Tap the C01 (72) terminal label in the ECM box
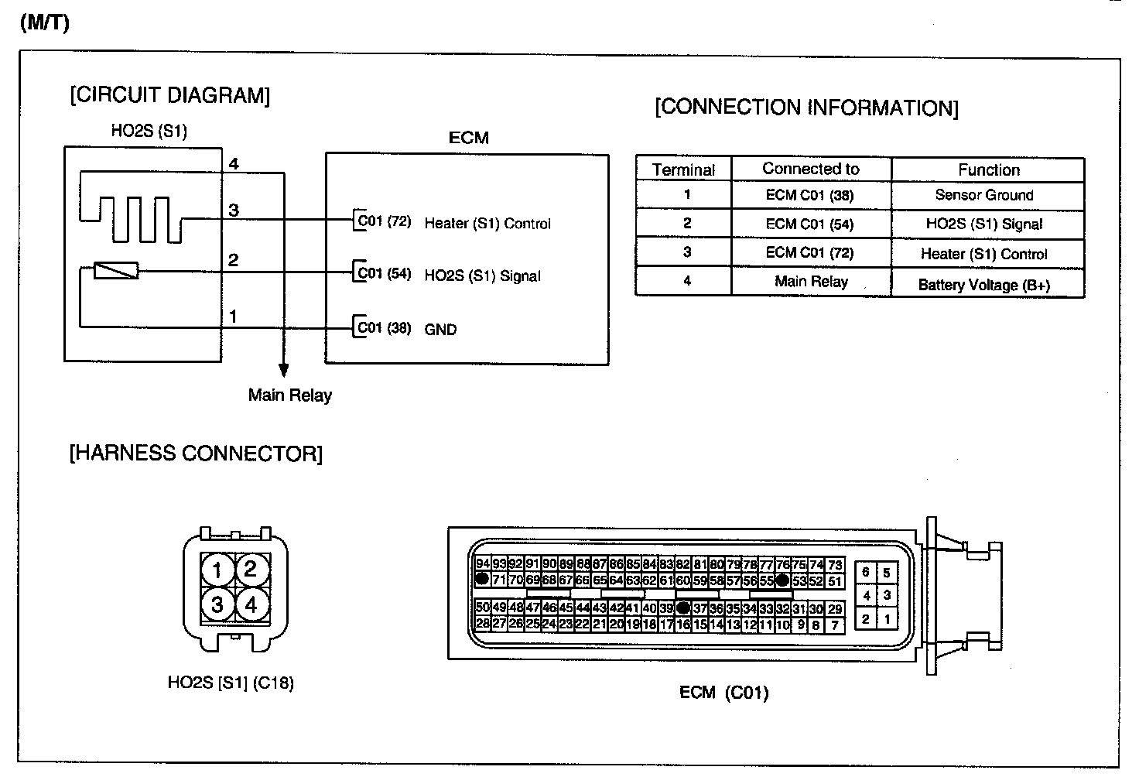click(x=384, y=221)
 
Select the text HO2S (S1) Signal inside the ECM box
click(x=482, y=276)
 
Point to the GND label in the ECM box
click(x=440, y=329)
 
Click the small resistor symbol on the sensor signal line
click(x=115, y=270)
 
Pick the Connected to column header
click(x=810, y=169)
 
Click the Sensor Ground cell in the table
click(x=984, y=195)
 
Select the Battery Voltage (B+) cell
click(x=984, y=285)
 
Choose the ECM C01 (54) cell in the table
click(x=810, y=224)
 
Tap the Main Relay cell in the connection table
click(x=810, y=282)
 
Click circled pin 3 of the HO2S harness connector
click(x=217, y=604)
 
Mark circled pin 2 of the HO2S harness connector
click(x=251, y=570)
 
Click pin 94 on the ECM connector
click(x=482, y=564)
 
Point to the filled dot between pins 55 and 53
click(x=782, y=580)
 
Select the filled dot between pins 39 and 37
click(x=682, y=608)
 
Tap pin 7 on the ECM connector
click(x=834, y=625)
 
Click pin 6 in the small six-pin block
click(x=866, y=573)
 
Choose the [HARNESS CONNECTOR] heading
click(x=196, y=454)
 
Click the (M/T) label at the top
click(x=44, y=22)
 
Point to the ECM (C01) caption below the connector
click(x=723, y=693)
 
